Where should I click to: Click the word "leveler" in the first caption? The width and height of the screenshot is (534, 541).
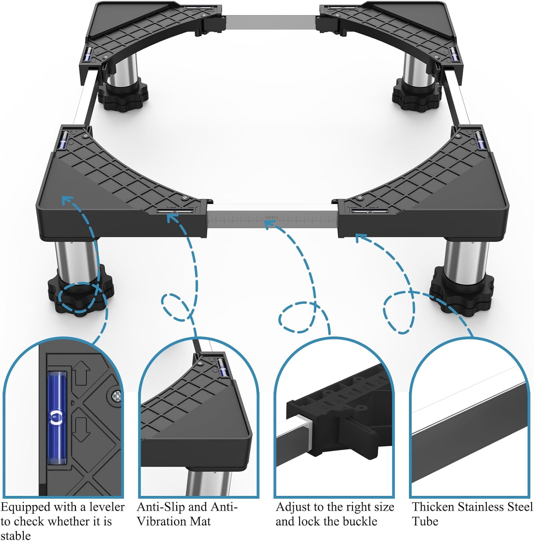(x=107, y=507)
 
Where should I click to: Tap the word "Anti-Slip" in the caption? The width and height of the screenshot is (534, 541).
(x=162, y=507)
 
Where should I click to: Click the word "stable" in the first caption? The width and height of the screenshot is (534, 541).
(x=15, y=535)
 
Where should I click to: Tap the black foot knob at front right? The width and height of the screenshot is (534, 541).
(x=462, y=290)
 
